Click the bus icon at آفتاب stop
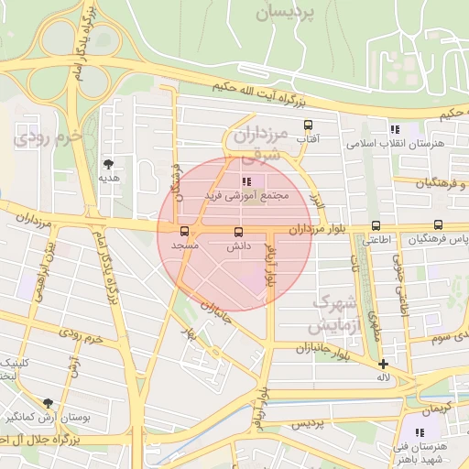(x=307, y=125)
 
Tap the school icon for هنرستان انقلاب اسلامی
(x=395, y=130)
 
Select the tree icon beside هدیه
(x=109, y=165)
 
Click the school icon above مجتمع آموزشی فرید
(x=245, y=181)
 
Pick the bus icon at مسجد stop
(x=185, y=232)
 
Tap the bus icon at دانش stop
(x=239, y=232)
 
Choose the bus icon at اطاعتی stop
(x=376, y=226)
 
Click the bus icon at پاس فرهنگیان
(x=438, y=225)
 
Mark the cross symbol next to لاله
(x=383, y=364)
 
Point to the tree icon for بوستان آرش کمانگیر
(x=48, y=402)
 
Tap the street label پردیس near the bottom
(x=309, y=425)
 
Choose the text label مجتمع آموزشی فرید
(x=249, y=196)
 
